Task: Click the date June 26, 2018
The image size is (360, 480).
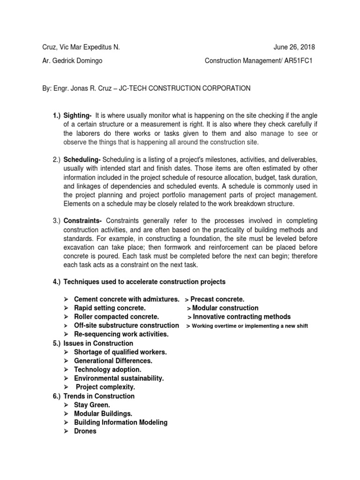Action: [294, 47]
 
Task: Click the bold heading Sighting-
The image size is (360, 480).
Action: [79, 115]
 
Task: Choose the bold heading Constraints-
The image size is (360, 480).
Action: [83, 221]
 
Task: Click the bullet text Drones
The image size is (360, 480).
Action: [85, 431]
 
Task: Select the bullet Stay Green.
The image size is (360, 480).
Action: [92, 405]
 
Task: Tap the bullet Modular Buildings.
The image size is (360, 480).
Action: [103, 413]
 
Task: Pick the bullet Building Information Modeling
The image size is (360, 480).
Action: [120, 422]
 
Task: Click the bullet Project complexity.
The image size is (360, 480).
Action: [105, 387]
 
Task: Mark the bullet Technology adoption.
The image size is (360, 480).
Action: [107, 369]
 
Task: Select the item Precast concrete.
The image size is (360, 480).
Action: [217, 299]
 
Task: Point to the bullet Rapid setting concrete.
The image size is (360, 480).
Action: [110, 308]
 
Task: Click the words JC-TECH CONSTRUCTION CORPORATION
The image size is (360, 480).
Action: [185, 88]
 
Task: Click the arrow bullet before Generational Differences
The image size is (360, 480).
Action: [66, 361]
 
